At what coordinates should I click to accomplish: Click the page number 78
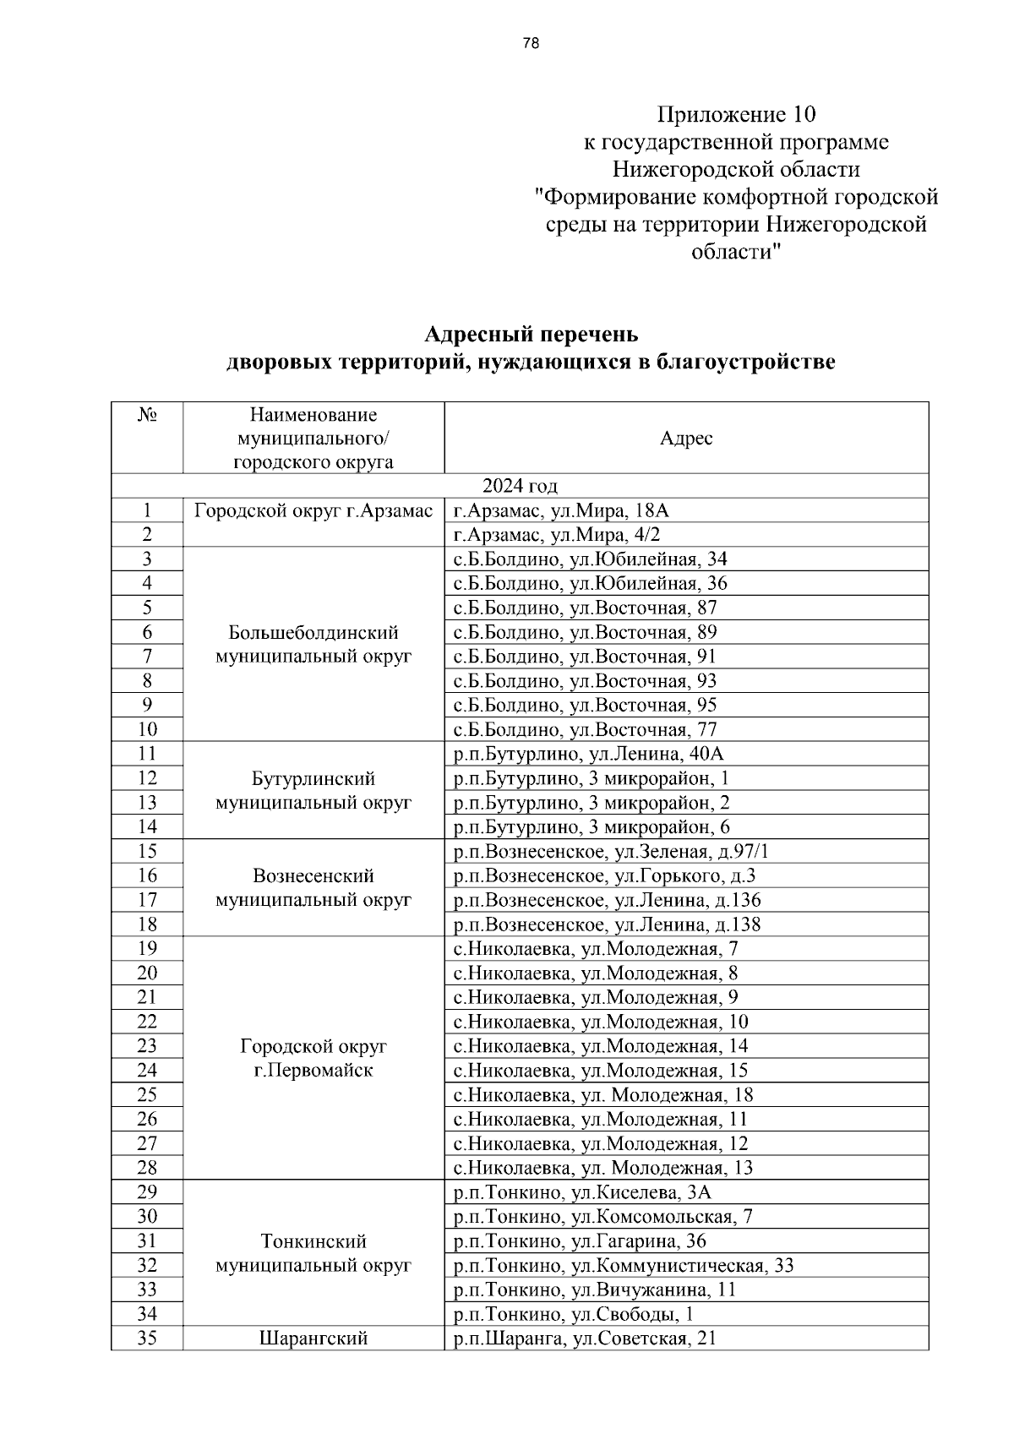[x=531, y=44]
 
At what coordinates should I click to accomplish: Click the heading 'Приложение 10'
[x=736, y=114]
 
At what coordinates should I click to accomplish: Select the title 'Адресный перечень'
[x=531, y=334]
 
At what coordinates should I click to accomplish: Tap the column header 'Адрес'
[x=686, y=438]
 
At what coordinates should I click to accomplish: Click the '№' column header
[x=147, y=416]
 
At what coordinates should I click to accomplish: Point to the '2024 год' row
[x=520, y=486]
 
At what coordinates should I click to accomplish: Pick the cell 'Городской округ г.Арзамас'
[x=313, y=511]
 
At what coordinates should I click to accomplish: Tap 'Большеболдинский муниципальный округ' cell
[x=313, y=645]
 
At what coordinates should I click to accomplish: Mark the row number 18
[x=147, y=925]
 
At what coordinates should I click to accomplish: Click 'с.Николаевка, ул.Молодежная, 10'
[x=601, y=1022]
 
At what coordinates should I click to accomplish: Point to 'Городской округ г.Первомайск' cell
[x=313, y=1059]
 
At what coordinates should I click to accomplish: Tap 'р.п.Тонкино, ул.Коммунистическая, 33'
[x=624, y=1266]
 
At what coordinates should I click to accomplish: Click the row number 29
[x=147, y=1192]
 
